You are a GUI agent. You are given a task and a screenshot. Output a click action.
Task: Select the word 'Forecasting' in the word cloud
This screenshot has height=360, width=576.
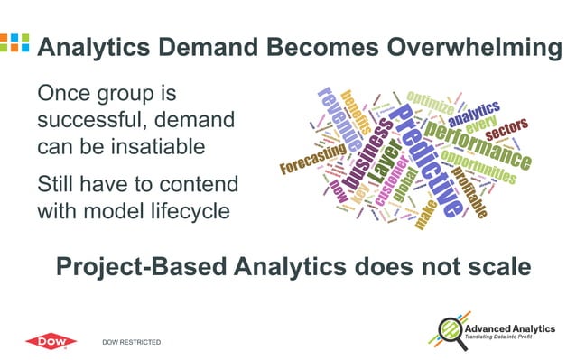click(x=312, y=162)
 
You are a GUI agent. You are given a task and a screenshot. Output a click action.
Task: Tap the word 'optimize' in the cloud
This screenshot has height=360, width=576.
click(x=432, y=100)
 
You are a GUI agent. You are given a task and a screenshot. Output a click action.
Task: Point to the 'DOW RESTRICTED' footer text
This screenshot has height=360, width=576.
click(x=132, y=342)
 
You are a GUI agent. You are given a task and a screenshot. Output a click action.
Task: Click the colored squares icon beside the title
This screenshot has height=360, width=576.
click(x=14, y=42)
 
